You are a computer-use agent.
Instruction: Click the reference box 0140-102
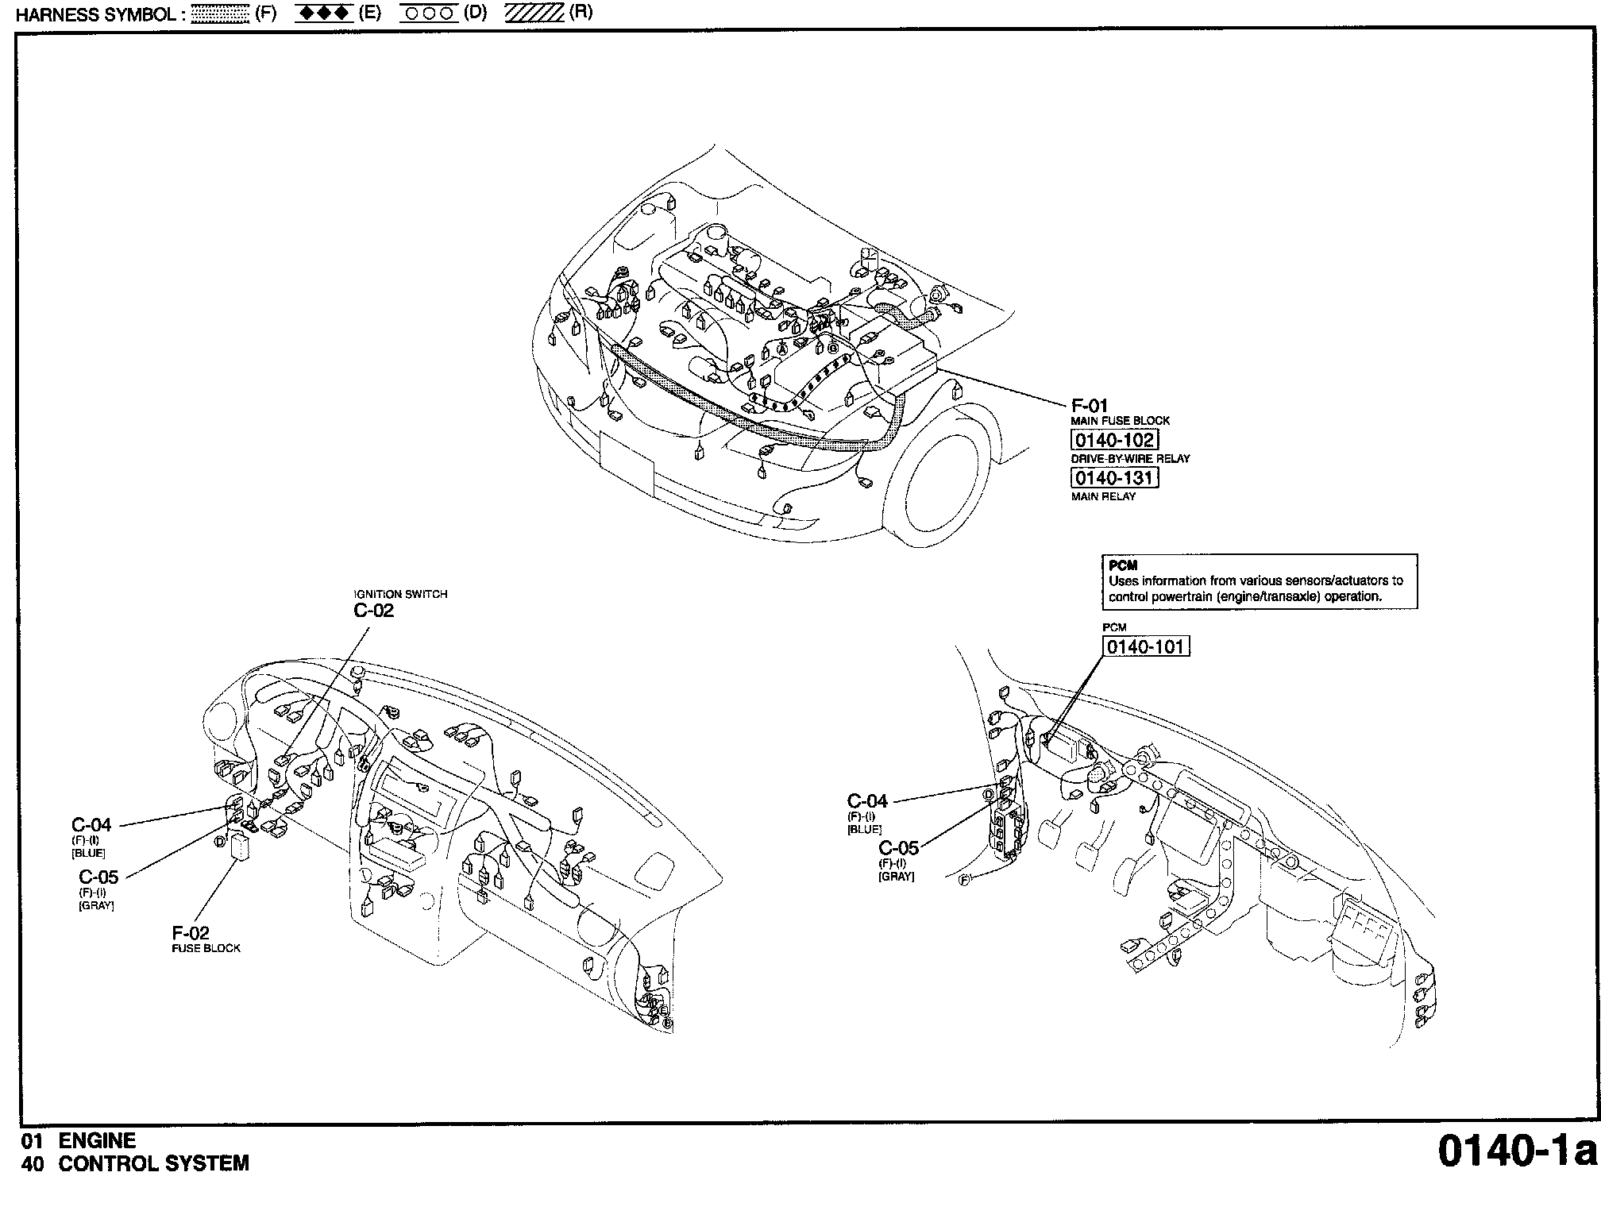tap(1114, 440)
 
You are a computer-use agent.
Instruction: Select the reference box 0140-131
tap(1114, 478)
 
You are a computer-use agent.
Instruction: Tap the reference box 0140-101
tap(1146, 646)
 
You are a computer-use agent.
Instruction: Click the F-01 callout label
tap(1090, 406)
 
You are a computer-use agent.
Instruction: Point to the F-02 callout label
tap(191, 933)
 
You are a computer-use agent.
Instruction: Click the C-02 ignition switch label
tap(374, 611)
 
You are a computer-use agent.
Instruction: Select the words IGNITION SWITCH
tap(400, 594)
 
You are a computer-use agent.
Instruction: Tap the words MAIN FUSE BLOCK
tap(1121, 421)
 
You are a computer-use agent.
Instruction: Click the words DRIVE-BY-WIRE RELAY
tap(1131, 459)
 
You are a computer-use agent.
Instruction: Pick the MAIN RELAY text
tap(1103, 497)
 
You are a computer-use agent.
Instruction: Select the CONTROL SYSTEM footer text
tap(154, 1164)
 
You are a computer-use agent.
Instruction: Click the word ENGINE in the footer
tap(98, 1141)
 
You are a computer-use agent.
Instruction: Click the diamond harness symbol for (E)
tap(324, 13)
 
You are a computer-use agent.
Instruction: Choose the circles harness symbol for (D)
tap(429, 13)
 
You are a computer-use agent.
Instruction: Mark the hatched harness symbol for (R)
tap(534, 13)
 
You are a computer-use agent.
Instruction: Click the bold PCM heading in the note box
tap(1123, 566)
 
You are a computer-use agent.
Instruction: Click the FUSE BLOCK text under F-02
tap(206, 948)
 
